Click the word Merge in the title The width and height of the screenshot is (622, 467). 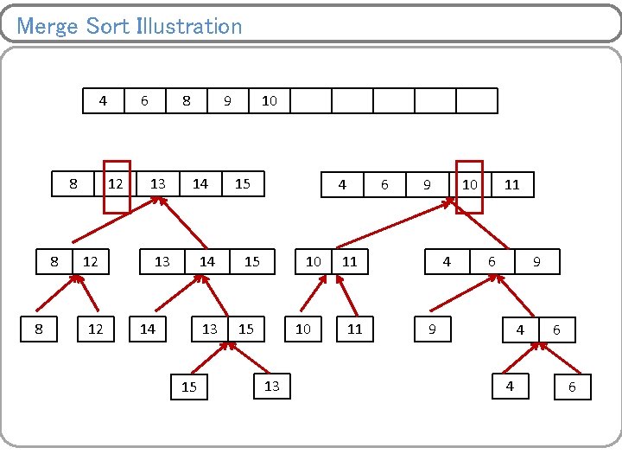(48, 26)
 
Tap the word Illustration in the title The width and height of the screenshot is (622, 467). (189, 26)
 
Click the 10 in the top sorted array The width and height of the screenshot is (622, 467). (269, 101)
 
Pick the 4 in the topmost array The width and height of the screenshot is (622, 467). (103, 101)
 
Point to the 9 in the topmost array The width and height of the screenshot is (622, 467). (227, 101)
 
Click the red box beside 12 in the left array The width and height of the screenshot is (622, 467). (117, 186)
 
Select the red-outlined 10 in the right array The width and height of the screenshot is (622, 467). (469, 185)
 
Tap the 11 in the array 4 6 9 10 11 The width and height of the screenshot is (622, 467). (511, 185)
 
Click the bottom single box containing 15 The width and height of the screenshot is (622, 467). (189, 387)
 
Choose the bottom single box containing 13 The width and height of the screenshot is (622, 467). (272, 386)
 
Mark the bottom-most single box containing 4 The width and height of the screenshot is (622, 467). (510, 387)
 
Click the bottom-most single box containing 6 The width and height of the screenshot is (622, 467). (571, 387)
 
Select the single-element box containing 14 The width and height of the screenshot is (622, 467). (148, 329)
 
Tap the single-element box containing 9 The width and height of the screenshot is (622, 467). (432, 329)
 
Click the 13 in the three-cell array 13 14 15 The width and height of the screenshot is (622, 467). (162, 261)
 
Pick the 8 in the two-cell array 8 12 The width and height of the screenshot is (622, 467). (54, 261)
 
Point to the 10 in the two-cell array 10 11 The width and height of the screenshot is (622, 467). (314, 261)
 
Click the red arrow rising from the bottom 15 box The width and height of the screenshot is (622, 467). (207, 359)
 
